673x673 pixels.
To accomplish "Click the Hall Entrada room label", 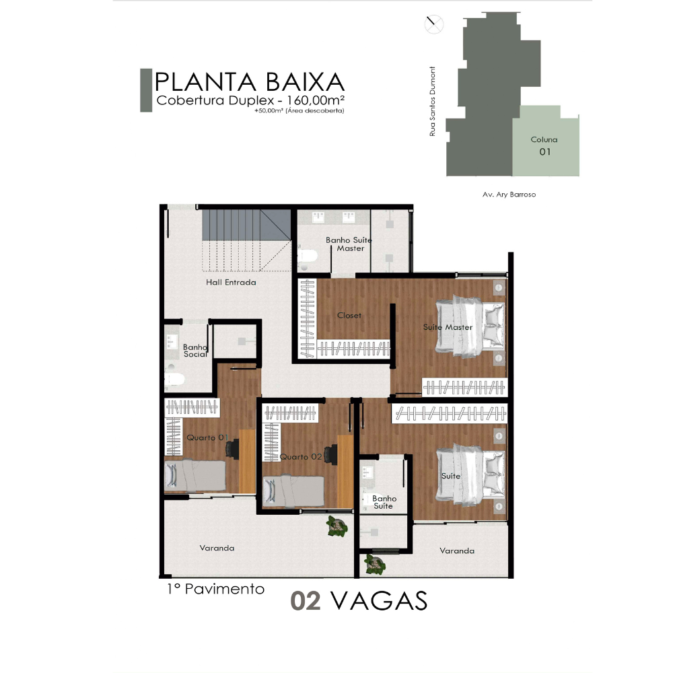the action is coord(231,283).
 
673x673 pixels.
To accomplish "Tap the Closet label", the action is coord(349,316).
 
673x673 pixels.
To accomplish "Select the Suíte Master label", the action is coord(448,327).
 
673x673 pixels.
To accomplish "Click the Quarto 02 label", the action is coord(301,457).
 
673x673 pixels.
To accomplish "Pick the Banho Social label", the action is coord(195,351).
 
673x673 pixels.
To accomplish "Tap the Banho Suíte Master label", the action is coord(349,244).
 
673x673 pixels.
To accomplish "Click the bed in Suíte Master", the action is coord(470,326).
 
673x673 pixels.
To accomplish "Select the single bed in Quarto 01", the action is coord(195,476).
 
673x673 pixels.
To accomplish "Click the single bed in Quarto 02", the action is coord(293,491).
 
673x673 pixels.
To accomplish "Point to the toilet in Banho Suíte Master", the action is coord(308,256).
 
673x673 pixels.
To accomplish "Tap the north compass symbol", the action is coord(434,24).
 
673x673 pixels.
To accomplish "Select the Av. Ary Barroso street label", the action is coord(509,194).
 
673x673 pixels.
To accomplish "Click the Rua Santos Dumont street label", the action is coord(432,102).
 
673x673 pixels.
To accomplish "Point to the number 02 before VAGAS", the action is coord(306,601).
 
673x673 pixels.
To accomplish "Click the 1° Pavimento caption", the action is coord(215,590).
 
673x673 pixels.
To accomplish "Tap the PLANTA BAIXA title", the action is coord(250,82).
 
